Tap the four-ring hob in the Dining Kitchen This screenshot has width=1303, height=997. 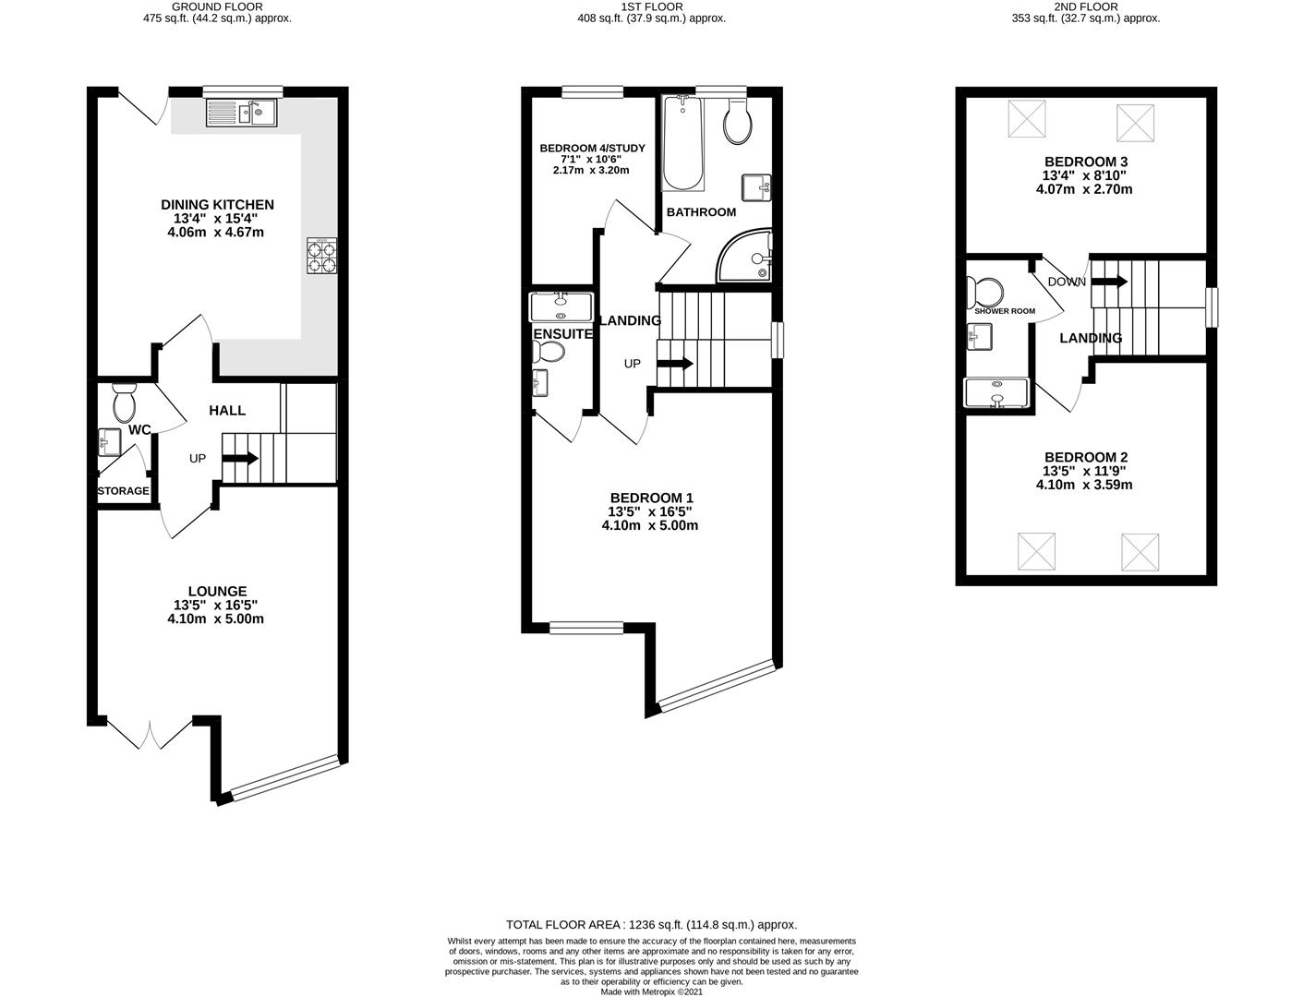click(321, 256)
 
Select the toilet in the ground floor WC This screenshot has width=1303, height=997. click(124, 403)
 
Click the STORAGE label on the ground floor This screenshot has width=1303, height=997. click(124, 491)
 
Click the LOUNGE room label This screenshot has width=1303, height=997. click(217, 592)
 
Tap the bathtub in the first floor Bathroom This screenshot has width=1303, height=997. click(682, 142)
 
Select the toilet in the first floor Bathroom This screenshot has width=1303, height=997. click(739, 122)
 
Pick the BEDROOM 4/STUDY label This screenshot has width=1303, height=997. click(592, 148)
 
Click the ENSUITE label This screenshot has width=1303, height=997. click(563, 334)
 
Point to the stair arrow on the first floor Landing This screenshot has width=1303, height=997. click(675, 363)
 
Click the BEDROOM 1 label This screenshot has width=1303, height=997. click(651, 498)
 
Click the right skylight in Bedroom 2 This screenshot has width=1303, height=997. click(1140, 552)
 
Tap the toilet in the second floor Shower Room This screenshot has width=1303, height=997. click(985, 294)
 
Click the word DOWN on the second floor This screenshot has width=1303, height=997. click(1067, 282)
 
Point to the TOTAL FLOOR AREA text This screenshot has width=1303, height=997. click(651, 924)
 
